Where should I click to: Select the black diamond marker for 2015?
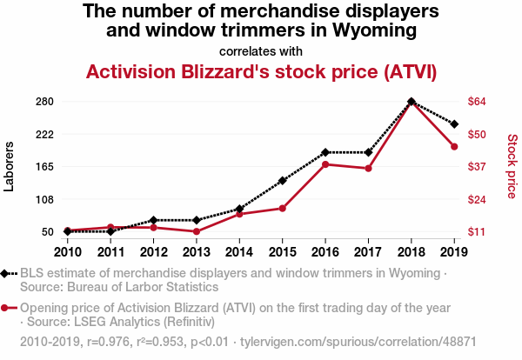click(282, 181)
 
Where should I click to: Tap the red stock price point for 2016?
click(325, 164)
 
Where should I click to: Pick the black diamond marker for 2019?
click(454, 124)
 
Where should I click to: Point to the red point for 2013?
click(197, 231)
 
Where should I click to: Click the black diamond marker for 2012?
click(153, 220)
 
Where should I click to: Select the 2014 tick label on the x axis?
click(239, 252)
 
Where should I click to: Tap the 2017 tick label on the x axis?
click(368, 252)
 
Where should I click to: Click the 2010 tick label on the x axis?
click(68, 252)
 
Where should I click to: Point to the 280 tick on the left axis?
click(46, 102)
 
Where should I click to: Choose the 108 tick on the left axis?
click(46, 199)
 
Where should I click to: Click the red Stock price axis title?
click(512, 165)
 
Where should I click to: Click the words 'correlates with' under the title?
click(261, 50)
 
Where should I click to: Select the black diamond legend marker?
click(8, 274)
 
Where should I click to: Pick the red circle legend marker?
click(8, 309)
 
